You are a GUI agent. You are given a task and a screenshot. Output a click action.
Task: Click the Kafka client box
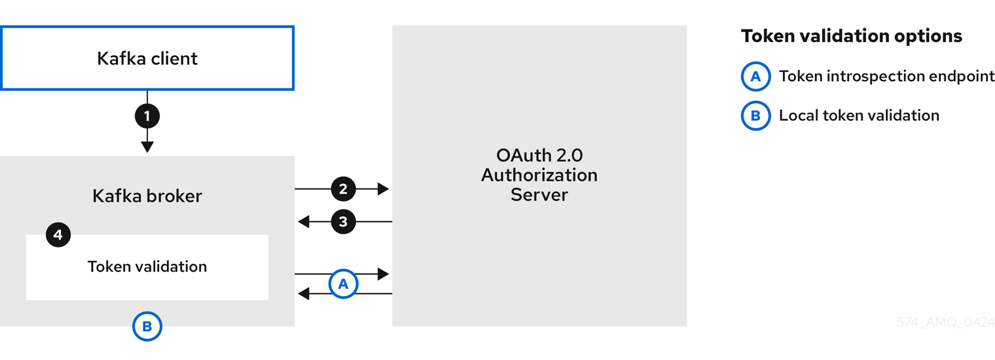(x=147, y=58)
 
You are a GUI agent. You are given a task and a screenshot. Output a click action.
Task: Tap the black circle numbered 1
(x=147, y=117)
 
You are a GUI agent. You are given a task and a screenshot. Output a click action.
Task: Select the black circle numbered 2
(x=343, y=189)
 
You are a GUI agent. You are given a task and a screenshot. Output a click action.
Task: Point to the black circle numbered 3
(x=343, y=222)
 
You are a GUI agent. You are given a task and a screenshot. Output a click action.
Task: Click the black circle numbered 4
(x=58, y=235)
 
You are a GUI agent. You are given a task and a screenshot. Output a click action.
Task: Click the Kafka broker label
(x=147, y=196)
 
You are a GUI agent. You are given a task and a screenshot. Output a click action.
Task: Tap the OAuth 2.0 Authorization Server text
(x=539, y=175)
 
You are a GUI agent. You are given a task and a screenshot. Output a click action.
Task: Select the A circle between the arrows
(x=343, y=284)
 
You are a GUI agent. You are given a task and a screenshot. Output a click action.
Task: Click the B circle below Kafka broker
(x=147, y=327)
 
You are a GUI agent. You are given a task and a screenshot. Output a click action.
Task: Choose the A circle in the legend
(x=755, y=77)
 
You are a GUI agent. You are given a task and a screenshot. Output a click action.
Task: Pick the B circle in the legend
(x=755, y=116)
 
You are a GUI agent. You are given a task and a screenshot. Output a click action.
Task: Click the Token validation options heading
(x=851, y=36)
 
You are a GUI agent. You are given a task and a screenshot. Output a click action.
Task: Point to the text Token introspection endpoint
(x=886, y=77)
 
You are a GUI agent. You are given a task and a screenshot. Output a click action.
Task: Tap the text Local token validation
(x=859, y=116)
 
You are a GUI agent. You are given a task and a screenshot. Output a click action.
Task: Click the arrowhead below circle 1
(x=147, y=147)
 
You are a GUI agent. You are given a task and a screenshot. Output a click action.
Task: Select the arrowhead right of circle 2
(x=383, y=189)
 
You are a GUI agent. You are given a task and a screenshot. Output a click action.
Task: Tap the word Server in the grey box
(x=539, y=195)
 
